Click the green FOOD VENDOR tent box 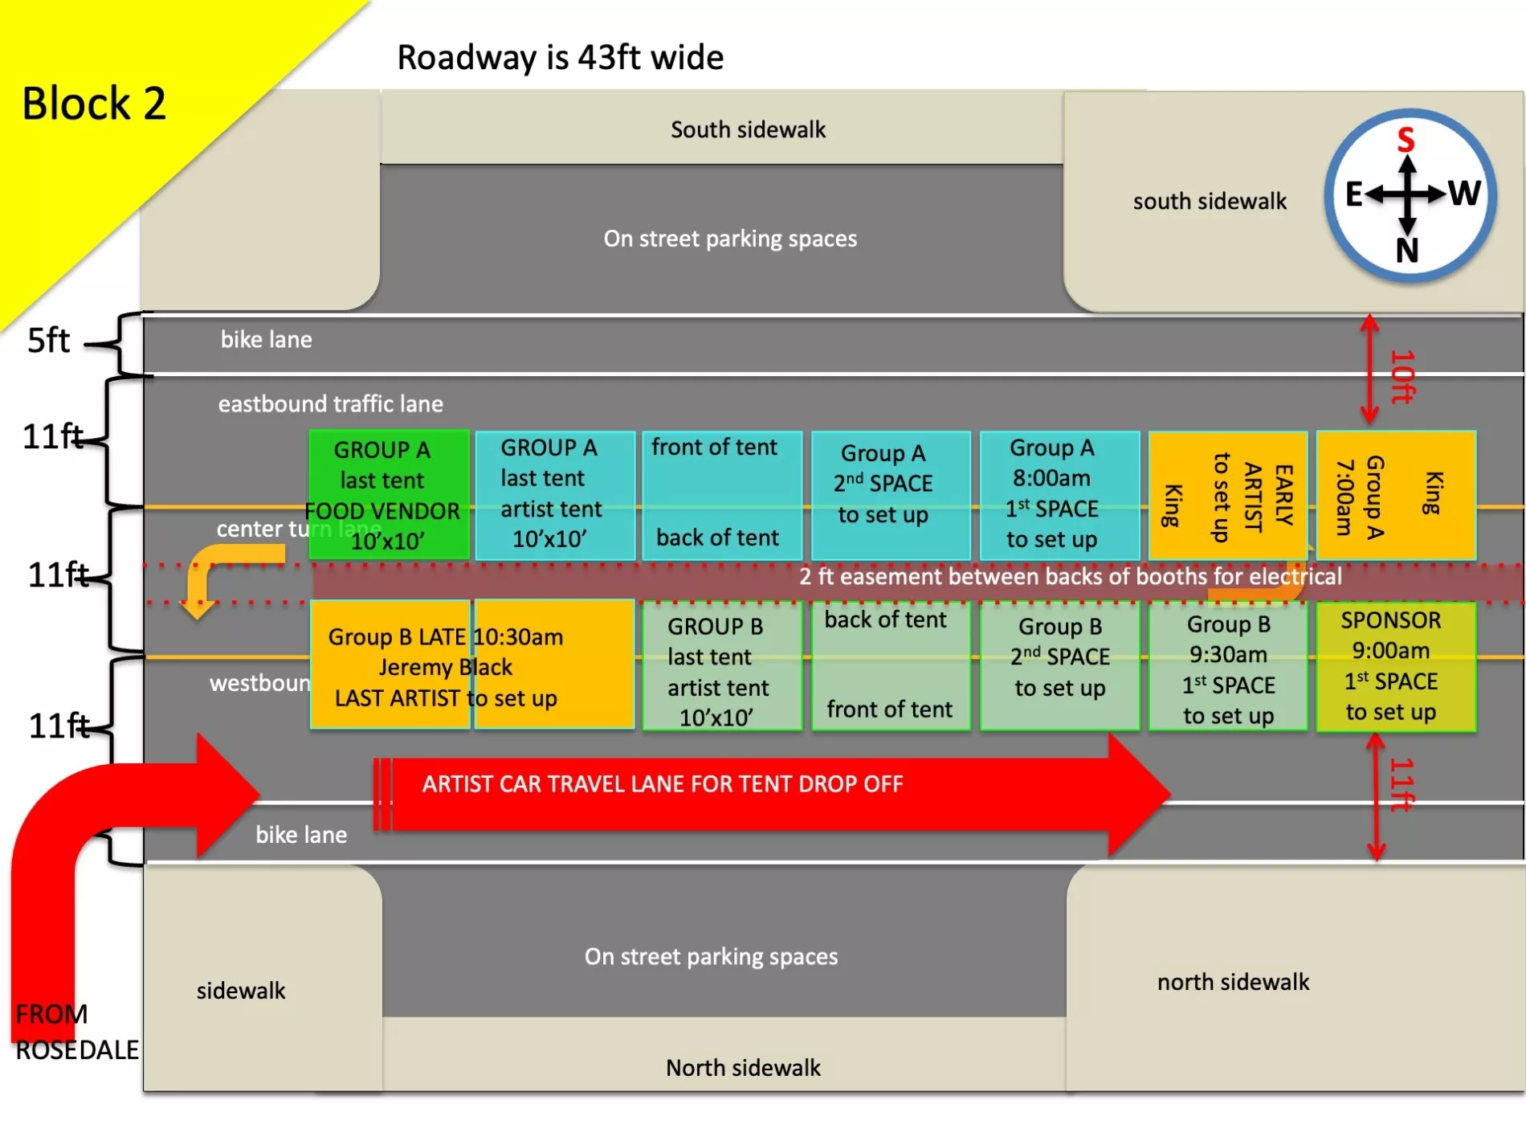[x=389, y=494]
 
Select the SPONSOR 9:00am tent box [x=1395, y=666]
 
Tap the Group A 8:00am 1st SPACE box [x=1059, y=494]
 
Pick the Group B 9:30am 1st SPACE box [x=1227, y=668]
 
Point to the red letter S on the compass [x=1406, y=140]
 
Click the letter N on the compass [x=1406, y=251]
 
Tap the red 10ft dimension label [x=1402, y=376]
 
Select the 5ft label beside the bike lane [x=48, y=341]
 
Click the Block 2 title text [x=94, y=104]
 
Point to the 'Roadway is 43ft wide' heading [x=560, y=58]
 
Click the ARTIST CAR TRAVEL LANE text [x=663, y=784]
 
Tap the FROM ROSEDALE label [x=76, y=1033]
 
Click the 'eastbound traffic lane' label [x=330, y=403]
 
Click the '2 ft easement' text [x=1070, y=576]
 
